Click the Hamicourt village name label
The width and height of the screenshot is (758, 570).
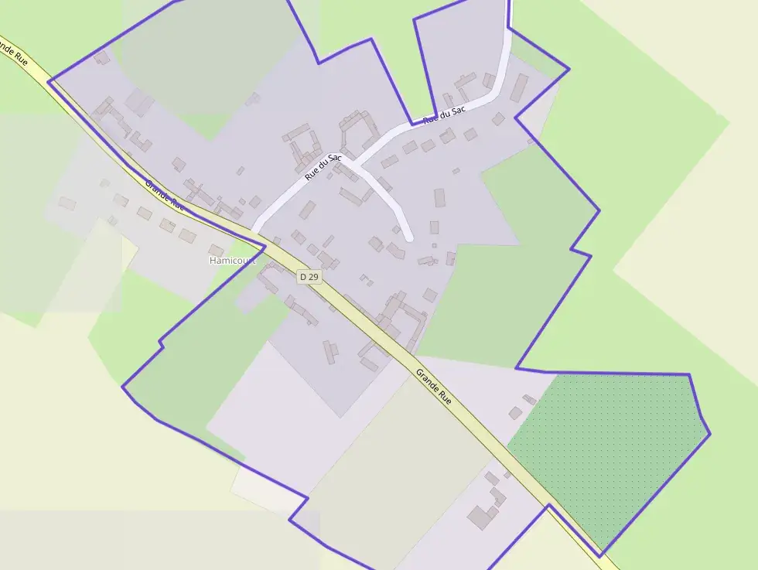click(x=231, y=261)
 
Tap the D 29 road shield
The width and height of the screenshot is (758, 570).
click(x=309, y=276)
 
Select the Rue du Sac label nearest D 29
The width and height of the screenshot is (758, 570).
click(x=323, y=167)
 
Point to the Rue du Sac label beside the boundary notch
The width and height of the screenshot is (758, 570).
click(x=445, y=115)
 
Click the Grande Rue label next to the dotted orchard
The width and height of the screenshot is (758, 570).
click(x=433, y=386)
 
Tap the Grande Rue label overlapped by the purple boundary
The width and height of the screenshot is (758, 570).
click(x=165, y=195)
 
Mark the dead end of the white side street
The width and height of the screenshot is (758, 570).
click(x=408, y=237)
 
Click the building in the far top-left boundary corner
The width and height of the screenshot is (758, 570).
click(x=101, y=57)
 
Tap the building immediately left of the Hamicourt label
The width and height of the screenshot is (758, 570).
click(x=216, y=250)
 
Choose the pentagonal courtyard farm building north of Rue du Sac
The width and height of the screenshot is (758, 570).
click(x=357, y=130)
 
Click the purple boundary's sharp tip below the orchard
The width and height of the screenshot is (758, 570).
click(x=599, y=556)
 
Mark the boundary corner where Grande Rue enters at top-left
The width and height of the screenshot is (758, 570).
click(x=49, y=81)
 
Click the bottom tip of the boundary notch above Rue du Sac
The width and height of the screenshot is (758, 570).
click(x=411, y=124)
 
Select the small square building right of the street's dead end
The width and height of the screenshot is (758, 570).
click(x=434, y=227)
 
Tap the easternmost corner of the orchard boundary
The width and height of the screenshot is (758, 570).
click(x=709, y=434)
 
